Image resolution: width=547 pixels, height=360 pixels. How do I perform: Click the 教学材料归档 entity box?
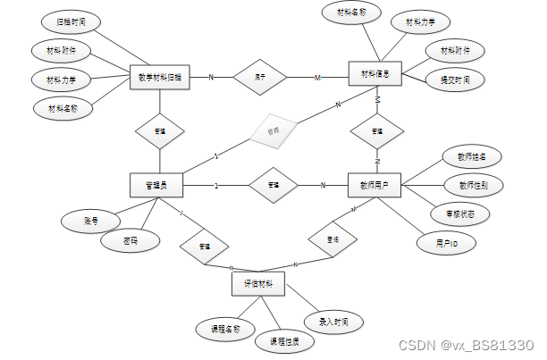[x=160, y=78]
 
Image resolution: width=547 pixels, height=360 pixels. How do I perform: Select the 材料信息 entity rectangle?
[x=374, y=74]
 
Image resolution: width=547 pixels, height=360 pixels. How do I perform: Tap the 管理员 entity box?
[x=159, y=186]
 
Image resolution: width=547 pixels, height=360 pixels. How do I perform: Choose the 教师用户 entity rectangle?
[x=374, y=186]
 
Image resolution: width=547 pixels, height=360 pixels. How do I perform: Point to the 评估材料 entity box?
[x=258, y=285]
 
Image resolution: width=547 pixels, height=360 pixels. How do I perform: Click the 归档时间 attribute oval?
[x=72, y=20]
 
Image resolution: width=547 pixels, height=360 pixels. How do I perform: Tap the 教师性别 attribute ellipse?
[x=473, y=185]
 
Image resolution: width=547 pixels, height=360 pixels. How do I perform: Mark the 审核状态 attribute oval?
[x=459, y=214]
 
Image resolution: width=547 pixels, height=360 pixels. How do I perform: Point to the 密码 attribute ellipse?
[x=132, y=240]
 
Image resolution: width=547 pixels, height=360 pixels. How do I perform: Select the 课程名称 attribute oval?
[x=226, y=329]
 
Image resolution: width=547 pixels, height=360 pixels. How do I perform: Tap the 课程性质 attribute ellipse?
[x=284, y=341]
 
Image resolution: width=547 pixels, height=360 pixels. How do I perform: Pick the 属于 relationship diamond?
[x=259, y=78]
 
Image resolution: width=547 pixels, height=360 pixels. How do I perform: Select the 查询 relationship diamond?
[x=332, y=240]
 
